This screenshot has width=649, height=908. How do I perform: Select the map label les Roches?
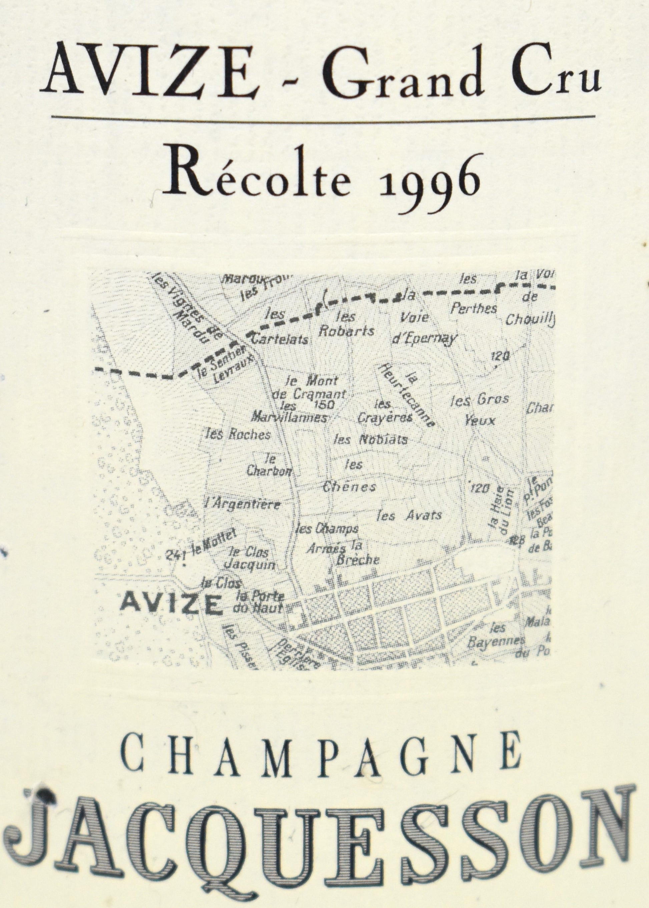pos(237,434)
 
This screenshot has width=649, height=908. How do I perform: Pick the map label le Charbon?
pos(269,465)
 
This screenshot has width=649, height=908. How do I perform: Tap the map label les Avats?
pos(409,515)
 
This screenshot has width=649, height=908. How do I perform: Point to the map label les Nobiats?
pos(371,440)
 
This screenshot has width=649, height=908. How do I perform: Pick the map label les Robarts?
pos(347,324)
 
